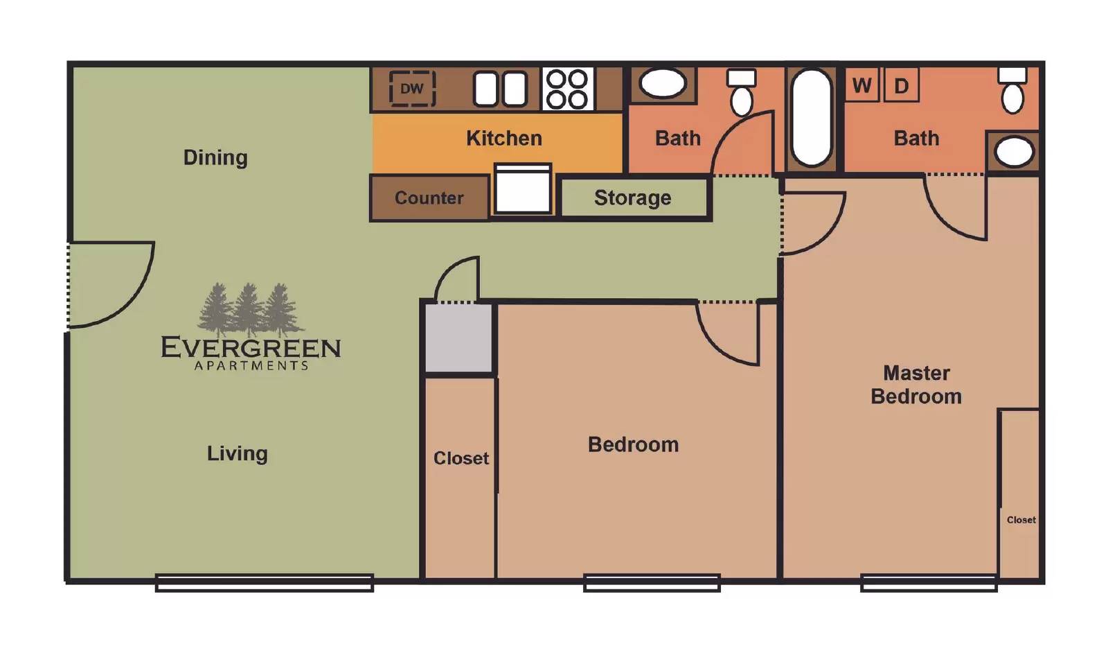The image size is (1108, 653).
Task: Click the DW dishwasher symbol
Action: tap(412, 89)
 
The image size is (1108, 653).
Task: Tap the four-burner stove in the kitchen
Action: tap(567, 89)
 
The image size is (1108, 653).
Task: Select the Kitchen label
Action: tap(503, 138)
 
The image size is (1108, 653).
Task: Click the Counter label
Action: tap(429, 198)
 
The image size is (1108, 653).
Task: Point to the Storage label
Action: tap(632, 198)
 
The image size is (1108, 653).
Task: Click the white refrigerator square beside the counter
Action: tap(524, 190)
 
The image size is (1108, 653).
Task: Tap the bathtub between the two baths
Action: tap(811, 118)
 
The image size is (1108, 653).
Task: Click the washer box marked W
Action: tap(861, 85)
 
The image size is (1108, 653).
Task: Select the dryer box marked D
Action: tap(901, 86)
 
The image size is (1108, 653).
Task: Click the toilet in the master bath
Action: tap(1012, 92)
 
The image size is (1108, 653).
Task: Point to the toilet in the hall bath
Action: tap(742, 93)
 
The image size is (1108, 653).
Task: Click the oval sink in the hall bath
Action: tap(663, 84)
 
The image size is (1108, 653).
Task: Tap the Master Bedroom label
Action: tap(915, 385)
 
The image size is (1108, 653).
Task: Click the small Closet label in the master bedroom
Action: tap(1021, 520)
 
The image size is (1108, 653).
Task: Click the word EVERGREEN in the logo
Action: tap(251, 347)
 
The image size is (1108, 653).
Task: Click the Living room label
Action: tap(237, 453)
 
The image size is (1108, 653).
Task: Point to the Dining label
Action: tap(215, 157)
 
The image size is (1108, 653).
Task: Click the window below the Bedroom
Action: tap(652, 582)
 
